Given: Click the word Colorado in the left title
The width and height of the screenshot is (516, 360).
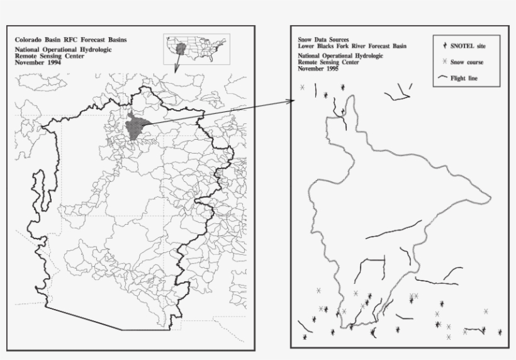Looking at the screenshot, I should point(28,40).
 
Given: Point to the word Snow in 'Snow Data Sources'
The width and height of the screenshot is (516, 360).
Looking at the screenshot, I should point(305,40).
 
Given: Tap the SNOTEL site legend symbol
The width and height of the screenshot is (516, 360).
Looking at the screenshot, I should point(445,46).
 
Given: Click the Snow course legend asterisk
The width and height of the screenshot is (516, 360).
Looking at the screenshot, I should point(445,62).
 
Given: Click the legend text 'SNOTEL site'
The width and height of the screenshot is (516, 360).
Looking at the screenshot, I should point(468,46).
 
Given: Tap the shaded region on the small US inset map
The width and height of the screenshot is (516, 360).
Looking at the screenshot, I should point(181,48).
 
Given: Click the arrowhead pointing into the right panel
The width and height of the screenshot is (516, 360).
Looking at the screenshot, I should point(292,100).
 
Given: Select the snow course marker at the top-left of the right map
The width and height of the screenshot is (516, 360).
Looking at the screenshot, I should point(302,87).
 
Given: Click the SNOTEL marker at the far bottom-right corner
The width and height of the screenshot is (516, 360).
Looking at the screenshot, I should point(500,332).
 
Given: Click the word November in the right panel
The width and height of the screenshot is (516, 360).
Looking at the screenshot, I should point(311,69).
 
